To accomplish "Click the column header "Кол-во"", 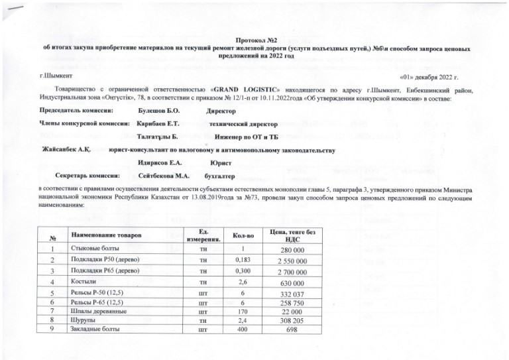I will coord(239,235).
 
